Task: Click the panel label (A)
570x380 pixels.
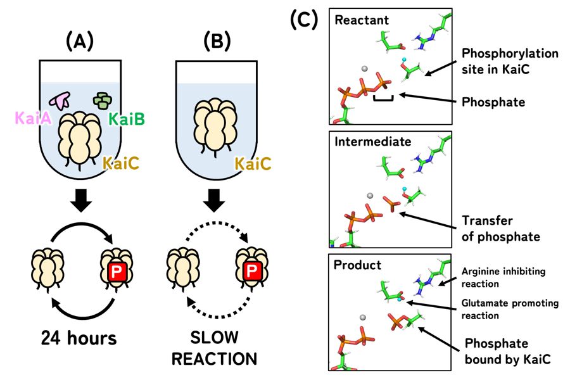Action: pyautogui.click(x=80, y=42)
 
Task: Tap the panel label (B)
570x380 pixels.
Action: pyautogui.click(x=217, y=42)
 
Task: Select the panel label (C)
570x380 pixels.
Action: pyautogui.click(x=303, y=20)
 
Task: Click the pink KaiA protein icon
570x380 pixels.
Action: pyautogui.click(x=61, y=99)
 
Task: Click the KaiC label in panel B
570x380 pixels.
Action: pyautogui.click(x=253, y=165)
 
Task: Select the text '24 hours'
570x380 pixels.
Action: pyautogui.click(x=80, y=338)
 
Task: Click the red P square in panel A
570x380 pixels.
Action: pyautogui.click(x=117, y=272)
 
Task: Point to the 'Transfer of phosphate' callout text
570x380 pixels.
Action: pyautogui.click(x=501, y=229)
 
